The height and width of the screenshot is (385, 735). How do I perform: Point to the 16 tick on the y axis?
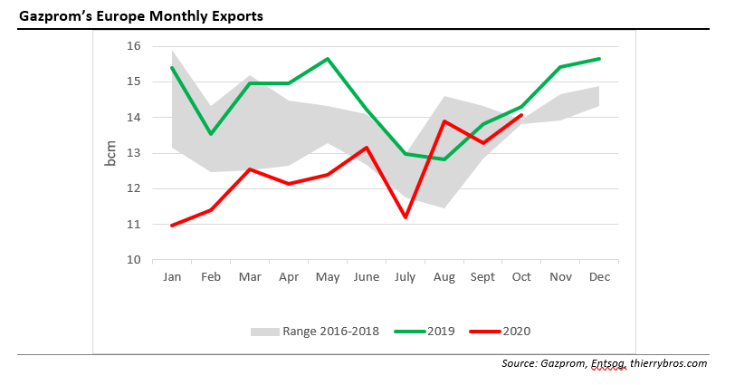(x=133, y=46)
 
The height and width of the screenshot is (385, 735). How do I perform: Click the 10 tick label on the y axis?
(x=133, y=260)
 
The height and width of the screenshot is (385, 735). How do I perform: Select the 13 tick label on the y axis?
(x=133, y=153)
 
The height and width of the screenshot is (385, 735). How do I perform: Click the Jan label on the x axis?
(x=172, y=276)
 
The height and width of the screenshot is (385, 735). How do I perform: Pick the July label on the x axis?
(x=406, y=276)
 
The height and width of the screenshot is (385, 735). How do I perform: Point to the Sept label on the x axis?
(x=483, y=276)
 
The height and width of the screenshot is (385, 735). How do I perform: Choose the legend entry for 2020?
(x=517, y=332)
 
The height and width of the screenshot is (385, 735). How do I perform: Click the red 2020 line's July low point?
(x=406, y=217)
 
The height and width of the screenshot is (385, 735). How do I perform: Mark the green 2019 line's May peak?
(x=328, y=59)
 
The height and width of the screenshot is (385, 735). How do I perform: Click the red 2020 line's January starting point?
(x=172, y=225)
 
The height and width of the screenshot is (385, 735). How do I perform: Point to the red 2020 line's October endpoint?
(x=522, y=115)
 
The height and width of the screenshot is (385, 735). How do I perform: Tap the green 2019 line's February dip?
(x=211, y=134)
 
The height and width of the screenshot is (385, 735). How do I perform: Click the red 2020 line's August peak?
(x=444, y=121)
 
